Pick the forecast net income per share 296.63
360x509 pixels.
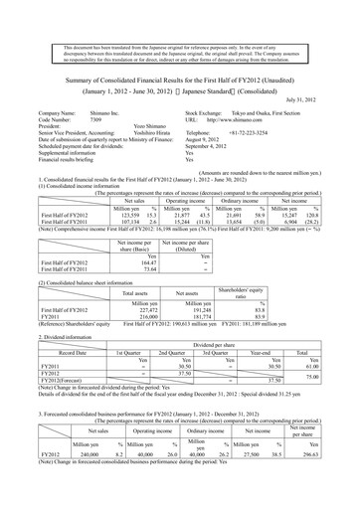[x=332, y=451]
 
